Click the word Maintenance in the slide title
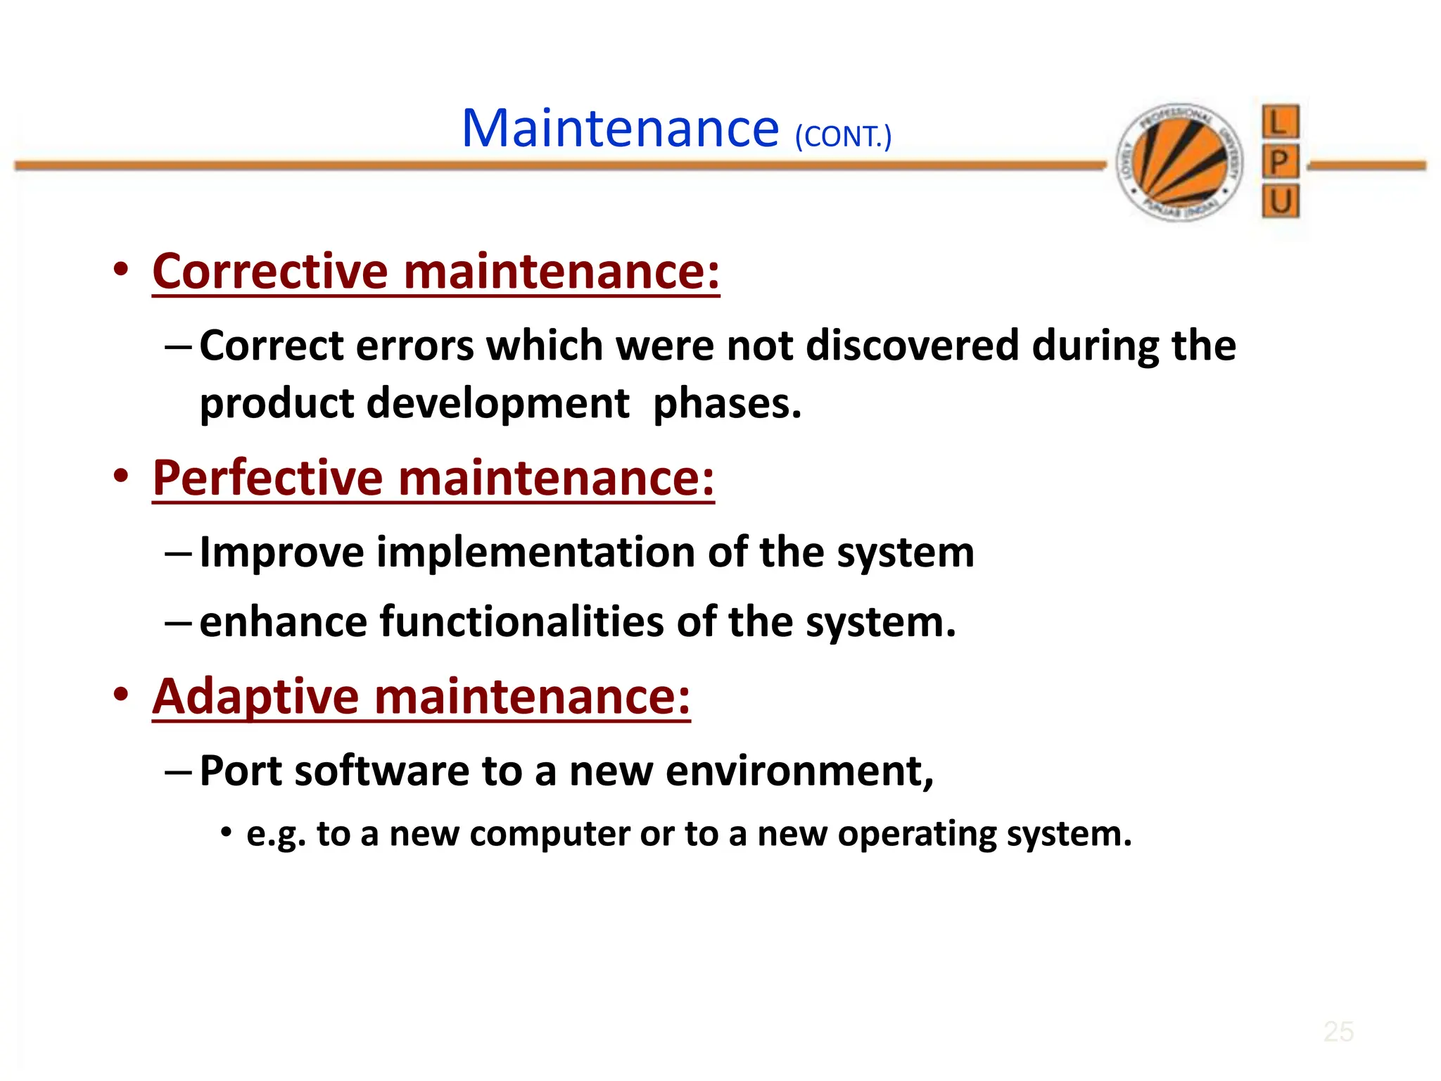coord(620,129)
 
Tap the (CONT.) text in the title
coord(843,137)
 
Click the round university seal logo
coord(1180,162)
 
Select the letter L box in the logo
coord(1280,122)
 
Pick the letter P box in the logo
coord(1280,163)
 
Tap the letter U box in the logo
coord(1280,202)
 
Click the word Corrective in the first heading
coord(269,271)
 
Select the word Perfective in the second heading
coord(267,478)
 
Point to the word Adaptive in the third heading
coord(256,697)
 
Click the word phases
coord(727,404)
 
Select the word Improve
coord(281,552)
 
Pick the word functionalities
coord(521,622)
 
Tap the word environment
coord(798,771)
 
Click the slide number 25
coord(1338,1032)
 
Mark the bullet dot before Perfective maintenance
coord(121,476)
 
